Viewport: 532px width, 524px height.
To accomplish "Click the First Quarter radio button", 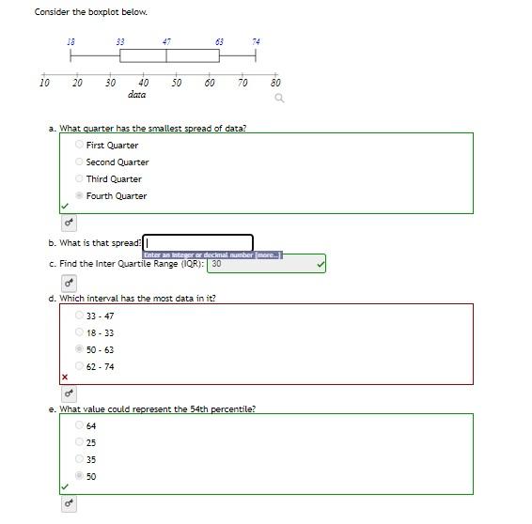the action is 79,145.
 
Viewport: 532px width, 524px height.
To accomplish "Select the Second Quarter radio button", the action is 79,162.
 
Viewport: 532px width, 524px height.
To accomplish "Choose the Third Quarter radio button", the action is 79,178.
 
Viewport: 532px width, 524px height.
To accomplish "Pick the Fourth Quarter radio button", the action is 79,195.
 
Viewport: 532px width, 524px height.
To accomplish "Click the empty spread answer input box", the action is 198,243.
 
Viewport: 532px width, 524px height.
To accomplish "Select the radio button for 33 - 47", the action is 79,316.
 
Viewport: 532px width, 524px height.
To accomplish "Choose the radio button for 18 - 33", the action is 79,332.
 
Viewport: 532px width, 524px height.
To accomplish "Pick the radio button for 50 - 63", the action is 79,349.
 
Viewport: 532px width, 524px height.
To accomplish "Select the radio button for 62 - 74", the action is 79,366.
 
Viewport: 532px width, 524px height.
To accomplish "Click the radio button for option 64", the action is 79,425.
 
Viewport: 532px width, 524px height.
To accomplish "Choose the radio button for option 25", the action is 79,442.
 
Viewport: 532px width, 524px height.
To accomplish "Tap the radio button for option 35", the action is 79,459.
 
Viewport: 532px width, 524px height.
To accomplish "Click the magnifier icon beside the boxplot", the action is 278,98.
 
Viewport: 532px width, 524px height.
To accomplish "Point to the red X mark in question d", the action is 65,378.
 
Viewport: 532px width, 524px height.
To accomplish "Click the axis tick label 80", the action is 275,83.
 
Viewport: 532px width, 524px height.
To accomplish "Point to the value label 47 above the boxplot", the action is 166,41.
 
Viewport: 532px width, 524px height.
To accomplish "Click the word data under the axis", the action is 137,95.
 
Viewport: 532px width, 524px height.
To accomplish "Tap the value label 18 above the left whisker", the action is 71,41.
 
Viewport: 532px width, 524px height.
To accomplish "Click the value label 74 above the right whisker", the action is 256,41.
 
